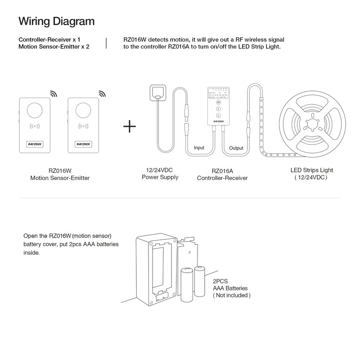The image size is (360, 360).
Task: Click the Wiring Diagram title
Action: (x=56, y=21)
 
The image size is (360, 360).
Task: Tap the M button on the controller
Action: (x=218, y=103)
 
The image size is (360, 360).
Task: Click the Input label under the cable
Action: (x=198, y=148)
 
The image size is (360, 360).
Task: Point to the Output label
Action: (x=236, y=148)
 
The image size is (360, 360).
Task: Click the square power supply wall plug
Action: (x=157, y=92)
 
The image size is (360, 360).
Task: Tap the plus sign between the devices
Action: (x=130, y=126)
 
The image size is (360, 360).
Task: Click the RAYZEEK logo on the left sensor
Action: (x=34, y=144)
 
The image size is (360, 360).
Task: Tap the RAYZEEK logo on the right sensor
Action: (x=83, y=144)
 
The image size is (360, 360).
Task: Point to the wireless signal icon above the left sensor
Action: (x=54, y=94)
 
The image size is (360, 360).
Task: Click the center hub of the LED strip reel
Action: (x=311, y=122)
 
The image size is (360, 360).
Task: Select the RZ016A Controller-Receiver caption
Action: (x=222, y=174)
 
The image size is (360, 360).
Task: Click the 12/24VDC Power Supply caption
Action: (x=160, y=174)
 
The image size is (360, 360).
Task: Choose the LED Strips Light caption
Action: (x=311, y=174)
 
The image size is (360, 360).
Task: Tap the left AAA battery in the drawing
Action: (x=186, y=284)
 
